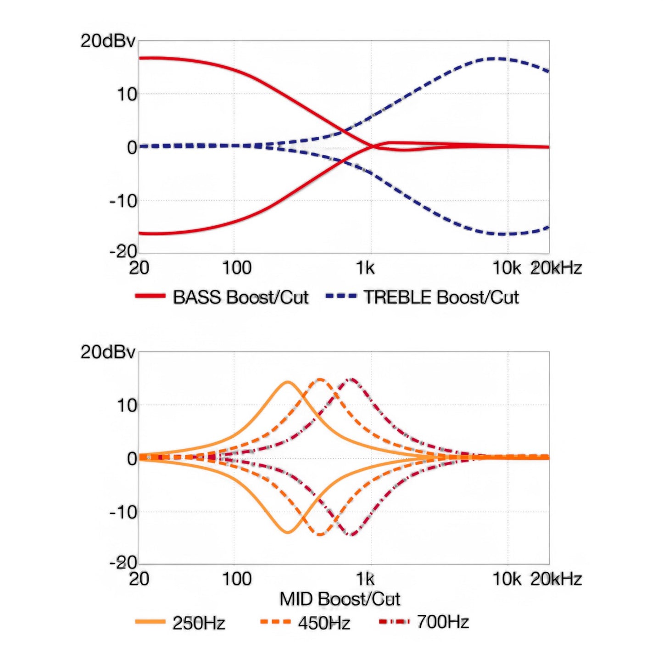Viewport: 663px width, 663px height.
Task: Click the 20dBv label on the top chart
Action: point(108,41)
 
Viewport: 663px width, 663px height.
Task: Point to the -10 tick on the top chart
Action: point(123,201)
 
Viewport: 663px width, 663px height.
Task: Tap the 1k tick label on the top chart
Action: point(365,268)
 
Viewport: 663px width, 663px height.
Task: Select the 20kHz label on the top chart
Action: point(556,268)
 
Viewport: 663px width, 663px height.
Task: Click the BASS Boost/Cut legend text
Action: point(240,297)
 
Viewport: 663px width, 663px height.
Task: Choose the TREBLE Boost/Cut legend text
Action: point(441,297)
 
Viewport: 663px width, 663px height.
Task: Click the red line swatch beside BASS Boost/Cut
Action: point(150,296)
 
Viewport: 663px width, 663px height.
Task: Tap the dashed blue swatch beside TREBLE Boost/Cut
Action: point(341,296)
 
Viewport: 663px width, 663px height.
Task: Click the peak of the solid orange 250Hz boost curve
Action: point(287,382)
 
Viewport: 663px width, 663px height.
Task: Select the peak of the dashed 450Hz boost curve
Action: point(320,379)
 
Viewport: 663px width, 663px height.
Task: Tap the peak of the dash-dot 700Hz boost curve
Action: point(351,379)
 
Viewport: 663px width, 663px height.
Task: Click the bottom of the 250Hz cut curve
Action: point(287,532)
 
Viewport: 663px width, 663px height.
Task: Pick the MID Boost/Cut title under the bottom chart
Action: point(340,599)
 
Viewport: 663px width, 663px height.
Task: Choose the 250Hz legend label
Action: point(199,623)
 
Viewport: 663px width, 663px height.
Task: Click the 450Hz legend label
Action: point(324,623)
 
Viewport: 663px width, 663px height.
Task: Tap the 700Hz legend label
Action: point(443,622)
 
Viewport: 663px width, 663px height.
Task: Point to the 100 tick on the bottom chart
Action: point(237,579)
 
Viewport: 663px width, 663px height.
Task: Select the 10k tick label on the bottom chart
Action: point(507,579)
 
